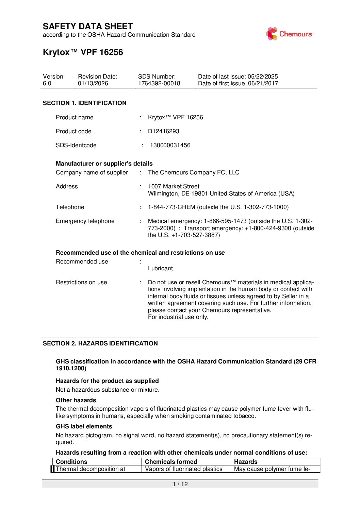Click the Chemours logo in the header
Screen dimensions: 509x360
click(289, 34)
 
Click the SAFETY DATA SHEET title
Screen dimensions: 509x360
click(88, 27)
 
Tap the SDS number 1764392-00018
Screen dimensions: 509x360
click(159, 83)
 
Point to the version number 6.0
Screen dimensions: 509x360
click(47, 83)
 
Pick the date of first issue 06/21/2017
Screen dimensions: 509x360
click(263, 83)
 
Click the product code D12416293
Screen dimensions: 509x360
click(163, 131)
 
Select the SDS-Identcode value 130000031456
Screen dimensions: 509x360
click(170, 145)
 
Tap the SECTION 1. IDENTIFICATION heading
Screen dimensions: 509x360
click(84, 103)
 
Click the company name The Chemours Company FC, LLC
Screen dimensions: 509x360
click(194, 172)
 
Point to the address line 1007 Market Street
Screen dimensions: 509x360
click(174, 186)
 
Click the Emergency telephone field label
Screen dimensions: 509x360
click(85, 221)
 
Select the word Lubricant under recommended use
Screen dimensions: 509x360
click(160, 268)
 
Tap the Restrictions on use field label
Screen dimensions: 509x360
click(81, 282)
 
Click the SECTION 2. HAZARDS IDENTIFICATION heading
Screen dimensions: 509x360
click(100, 343)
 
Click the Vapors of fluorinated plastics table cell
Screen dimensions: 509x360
click(183, 469)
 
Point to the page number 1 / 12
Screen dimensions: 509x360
click(180, 484)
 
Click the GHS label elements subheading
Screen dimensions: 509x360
click(84, 426)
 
